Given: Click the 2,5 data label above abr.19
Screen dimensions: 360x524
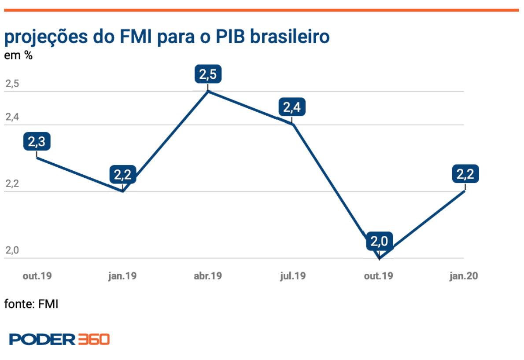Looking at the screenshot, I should (208, 74).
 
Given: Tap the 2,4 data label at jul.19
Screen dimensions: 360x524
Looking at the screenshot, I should (292, 107).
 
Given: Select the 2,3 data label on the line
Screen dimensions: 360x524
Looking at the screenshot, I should (37, 141).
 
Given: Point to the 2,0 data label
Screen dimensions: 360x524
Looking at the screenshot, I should (379, 241).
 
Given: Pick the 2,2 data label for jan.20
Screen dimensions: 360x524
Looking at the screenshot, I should (465, 175).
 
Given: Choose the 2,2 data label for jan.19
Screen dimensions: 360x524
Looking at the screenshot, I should (122, 175).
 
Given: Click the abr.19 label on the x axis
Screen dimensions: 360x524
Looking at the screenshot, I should (208, 276).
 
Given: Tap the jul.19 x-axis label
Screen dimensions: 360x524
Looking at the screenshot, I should (293, 276).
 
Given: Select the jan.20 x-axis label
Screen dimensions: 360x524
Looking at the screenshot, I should (464, 276).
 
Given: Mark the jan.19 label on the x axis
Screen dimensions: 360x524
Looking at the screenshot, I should (122, 276).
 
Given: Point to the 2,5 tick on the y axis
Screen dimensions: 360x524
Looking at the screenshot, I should (12, 84).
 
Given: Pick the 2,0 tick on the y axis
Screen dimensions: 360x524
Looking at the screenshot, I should (12, 250).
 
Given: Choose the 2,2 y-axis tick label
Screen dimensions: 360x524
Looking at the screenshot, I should (12, 184).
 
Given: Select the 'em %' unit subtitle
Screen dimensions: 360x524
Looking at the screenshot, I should (18, 56).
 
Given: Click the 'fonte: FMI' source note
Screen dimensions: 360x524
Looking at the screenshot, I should (31, 304).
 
